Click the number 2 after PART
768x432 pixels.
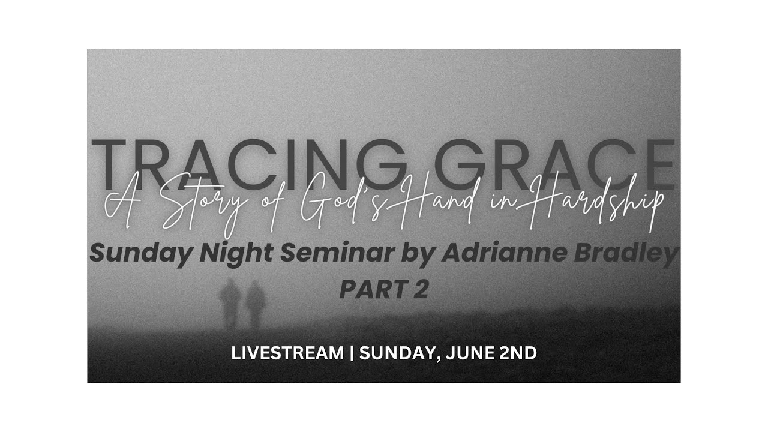[420, 290]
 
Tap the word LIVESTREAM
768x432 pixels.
[288, 353]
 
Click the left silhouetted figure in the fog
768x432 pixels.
[230, 303]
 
